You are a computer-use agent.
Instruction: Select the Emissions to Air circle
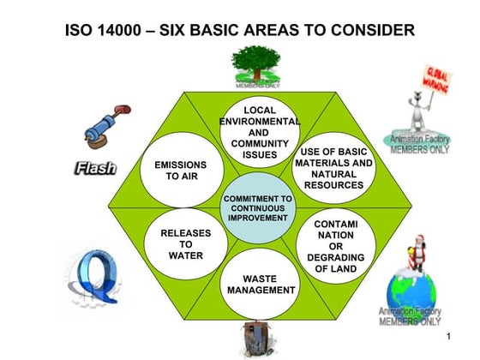point(180,170)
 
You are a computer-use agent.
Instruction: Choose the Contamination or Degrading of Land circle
point(335,247)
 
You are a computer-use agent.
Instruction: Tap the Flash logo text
point(95,168)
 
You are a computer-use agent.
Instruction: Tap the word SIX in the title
point(183,31)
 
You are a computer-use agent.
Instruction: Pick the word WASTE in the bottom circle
point(261,279)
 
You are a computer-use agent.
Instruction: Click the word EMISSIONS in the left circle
point(180,164)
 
